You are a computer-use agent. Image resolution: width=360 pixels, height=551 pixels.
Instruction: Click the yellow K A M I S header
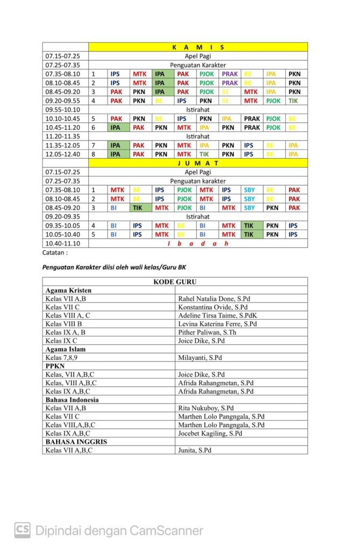point(198,47)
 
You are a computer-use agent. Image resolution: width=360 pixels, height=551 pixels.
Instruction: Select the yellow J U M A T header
point(198,163)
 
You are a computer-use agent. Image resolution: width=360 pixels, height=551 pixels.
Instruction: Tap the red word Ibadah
point(198,243)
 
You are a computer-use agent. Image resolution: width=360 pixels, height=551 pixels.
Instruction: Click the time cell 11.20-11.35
point(62,137)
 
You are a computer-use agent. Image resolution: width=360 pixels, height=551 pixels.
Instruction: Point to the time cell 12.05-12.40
point(62,154)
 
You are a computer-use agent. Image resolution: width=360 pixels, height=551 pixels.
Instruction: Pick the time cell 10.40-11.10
point(62,243)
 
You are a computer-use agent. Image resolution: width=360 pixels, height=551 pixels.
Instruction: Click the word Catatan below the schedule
point(55,252)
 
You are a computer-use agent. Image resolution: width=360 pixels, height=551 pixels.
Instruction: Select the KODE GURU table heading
point(175,281)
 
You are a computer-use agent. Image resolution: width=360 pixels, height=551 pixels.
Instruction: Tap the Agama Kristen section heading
point(68,290)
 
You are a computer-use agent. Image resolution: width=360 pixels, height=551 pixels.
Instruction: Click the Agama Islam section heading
point(65,349)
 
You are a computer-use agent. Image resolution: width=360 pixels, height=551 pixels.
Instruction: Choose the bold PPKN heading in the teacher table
point(55,366)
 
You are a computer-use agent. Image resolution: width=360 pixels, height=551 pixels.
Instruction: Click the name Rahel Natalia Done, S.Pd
point(214,299)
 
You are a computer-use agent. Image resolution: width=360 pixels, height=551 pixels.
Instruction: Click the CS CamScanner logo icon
point(22,530)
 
